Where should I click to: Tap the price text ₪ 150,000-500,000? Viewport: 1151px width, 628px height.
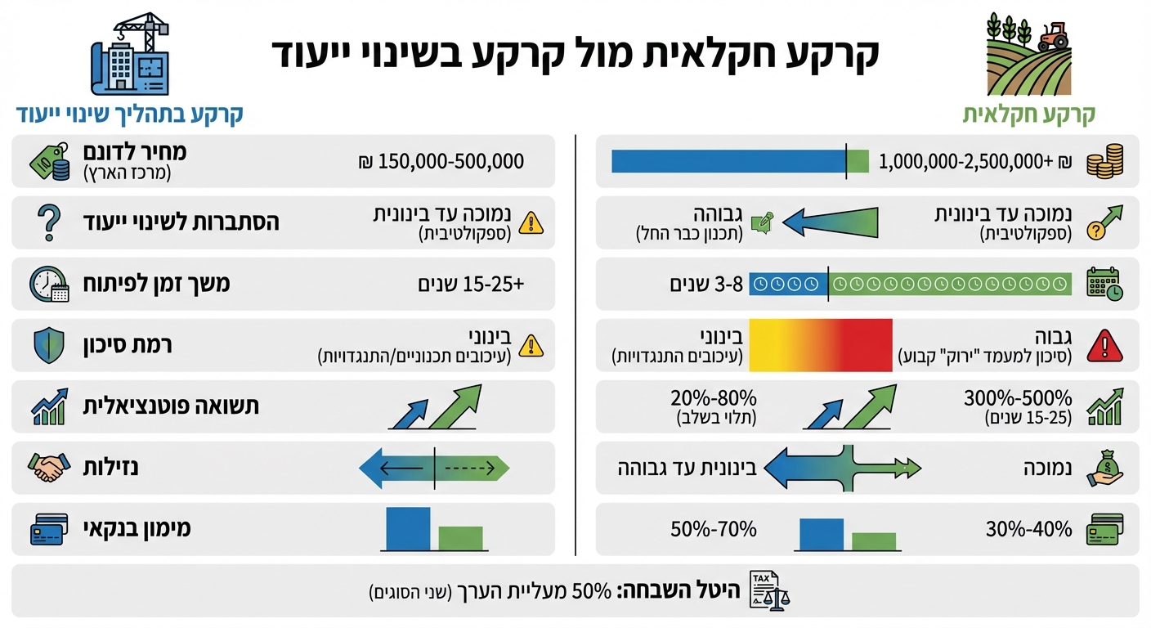point(441,162)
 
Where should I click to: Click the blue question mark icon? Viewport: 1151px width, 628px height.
point(50,222)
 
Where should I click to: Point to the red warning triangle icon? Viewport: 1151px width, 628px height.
point(1103,346)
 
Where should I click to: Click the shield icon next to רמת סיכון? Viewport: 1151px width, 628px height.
point(49,345)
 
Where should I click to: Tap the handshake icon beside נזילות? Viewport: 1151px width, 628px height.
point(48,468)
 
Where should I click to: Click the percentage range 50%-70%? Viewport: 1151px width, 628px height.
point(714,529)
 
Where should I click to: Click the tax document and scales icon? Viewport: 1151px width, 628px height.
point(768,590)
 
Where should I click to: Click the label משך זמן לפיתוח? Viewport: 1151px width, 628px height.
point(158,284)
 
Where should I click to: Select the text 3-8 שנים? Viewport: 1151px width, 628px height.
point(704,284)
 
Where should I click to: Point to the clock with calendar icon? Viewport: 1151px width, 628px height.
point(49,284)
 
